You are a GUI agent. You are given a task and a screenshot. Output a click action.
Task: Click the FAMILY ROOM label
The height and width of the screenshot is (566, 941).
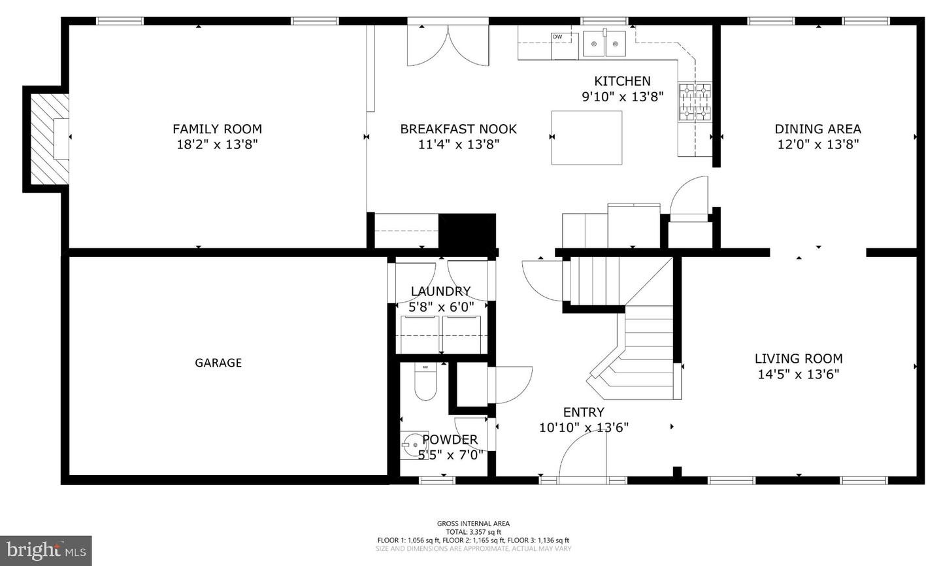click(217, 129)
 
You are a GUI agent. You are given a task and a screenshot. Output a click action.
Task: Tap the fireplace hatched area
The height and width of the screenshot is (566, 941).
click(47, 139)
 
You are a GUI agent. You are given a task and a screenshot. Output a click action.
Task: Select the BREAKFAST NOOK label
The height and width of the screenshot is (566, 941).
click(458, 129)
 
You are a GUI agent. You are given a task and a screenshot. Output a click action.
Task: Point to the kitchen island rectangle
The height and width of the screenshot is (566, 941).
click(586, 137)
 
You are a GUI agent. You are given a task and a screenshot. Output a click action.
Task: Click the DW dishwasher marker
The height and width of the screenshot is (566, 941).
click(557, 37)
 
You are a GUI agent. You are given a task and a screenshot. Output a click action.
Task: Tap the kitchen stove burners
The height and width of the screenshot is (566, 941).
click(694, 103)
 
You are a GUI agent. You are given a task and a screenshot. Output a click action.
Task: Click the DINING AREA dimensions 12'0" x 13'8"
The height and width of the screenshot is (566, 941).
click(817, 144)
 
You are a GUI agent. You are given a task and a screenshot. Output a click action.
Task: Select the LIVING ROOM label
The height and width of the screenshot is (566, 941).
click(798, 358)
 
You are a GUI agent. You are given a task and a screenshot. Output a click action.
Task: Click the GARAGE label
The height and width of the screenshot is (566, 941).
click(218, 363)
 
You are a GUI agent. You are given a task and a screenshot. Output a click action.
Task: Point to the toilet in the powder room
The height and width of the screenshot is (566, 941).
click(425, 383)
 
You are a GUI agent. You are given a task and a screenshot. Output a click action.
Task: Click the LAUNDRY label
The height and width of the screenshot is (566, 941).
click(440, 291)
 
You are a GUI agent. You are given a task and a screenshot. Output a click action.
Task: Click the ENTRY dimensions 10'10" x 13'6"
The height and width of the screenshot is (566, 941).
click(584, 428)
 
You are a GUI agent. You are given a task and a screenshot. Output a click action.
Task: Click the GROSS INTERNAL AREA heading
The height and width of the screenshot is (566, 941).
click(473, 524)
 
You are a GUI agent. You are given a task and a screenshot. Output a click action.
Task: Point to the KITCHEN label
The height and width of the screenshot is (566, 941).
click(622, 81)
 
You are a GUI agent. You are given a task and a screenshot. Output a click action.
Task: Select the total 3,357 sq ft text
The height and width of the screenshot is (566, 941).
click(473, 532)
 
